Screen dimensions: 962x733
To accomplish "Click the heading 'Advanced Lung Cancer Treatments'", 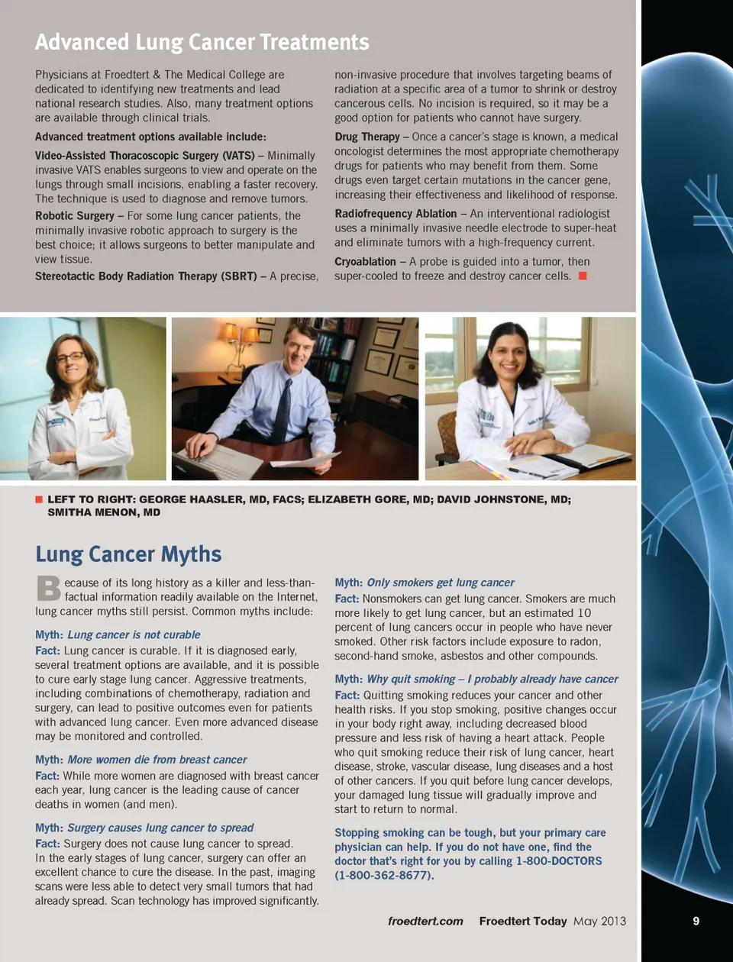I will coord(202,42).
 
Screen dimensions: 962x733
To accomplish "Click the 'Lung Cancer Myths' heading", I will coord(128,554).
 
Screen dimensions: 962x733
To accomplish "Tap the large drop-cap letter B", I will coord(48,589).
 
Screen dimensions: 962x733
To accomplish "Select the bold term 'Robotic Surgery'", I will coord(75,216).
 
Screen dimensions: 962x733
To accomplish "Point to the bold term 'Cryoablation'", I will coord(365,262).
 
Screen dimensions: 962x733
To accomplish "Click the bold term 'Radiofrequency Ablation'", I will coord(396,214).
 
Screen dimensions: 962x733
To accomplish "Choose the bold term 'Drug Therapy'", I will coord(366,137).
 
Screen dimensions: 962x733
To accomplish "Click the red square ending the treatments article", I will coord(583,276).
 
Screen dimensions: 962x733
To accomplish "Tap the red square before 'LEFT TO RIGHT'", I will coord(39,499).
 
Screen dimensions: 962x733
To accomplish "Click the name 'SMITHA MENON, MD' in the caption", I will coord(104,512).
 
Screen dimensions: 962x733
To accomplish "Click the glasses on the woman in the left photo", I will coord(70,357).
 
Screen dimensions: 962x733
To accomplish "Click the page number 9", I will coord(696,921).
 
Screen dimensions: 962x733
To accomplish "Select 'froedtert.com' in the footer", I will coord(425,921).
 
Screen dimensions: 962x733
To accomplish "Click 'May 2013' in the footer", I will coord(599,921).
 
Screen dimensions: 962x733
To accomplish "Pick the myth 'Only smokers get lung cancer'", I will coord(440,583).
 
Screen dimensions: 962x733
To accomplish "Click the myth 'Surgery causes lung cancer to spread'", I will coord(160,828).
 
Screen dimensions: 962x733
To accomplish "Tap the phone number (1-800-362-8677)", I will coord(384,875).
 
